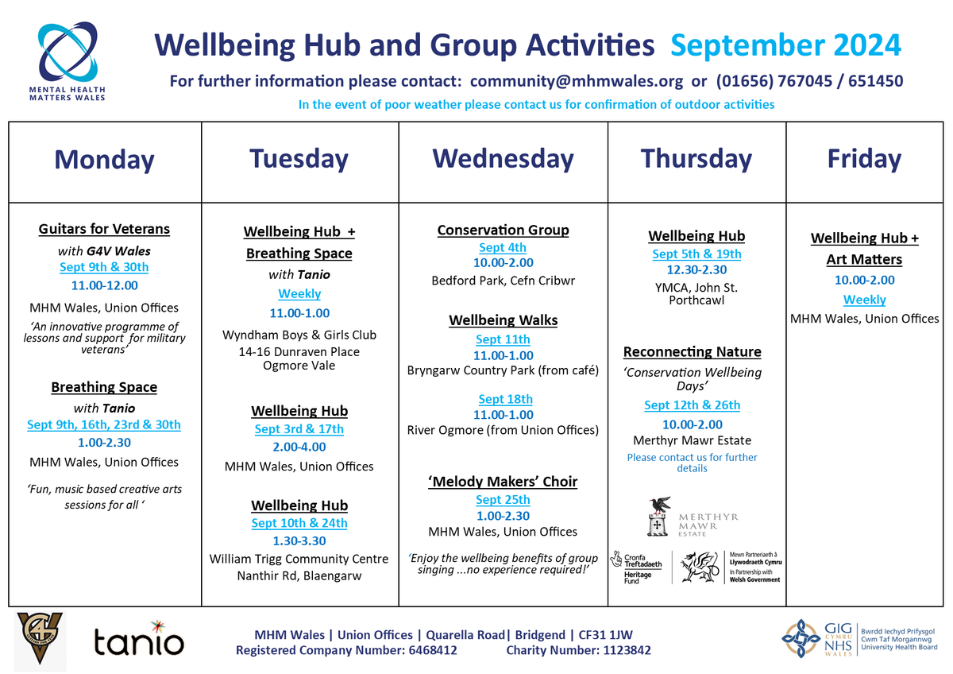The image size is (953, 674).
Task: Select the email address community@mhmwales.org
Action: pos(577,81)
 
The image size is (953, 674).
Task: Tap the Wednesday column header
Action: pos(503,159)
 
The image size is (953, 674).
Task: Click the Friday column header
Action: pos(864,159)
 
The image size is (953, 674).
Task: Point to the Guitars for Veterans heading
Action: pos(104,229)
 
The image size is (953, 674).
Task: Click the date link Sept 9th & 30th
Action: pos(104,267)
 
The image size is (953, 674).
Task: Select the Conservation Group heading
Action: pos(503,230)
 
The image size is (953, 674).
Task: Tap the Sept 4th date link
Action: pos(503,248)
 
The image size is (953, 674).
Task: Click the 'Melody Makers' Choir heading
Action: pos(503,482)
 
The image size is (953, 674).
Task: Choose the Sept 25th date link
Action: pos(503,500)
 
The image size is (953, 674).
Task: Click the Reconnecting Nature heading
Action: pos(692,352)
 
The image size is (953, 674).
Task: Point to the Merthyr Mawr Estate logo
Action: pos(692,517)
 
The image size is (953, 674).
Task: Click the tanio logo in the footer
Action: pos(138,641)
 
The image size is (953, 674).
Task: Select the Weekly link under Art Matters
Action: pos(864,300)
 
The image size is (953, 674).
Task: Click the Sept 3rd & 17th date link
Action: pos(299,429)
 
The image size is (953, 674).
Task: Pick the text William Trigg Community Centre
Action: pos(299,559)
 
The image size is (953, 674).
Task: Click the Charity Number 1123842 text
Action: pos(579,650)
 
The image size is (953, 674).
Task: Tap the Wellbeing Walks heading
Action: pos(503,321)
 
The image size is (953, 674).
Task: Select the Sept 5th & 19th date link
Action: pos(696,254)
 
